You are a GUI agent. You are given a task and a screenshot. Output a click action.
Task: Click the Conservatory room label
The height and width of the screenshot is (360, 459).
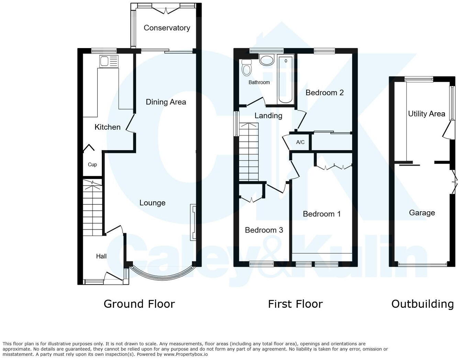coord(167,28)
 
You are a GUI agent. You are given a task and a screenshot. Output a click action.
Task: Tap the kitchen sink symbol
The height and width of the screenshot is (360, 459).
coord(108,61)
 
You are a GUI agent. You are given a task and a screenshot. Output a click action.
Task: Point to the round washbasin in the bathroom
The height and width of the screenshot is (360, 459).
coord(267,60)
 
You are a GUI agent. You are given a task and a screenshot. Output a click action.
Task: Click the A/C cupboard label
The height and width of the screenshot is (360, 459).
coord(300,142)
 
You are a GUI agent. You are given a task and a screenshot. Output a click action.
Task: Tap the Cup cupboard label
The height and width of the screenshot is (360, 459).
coord(92,165)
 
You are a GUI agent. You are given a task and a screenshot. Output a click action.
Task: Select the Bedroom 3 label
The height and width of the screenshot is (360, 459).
coord(264,230)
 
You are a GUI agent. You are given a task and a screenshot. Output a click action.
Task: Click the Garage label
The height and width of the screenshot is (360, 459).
coord(422,213)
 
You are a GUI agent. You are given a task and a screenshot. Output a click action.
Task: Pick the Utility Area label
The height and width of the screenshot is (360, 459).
coord(426,114)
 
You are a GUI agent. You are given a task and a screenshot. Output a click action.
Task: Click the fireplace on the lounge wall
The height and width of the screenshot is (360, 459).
coord(193,222)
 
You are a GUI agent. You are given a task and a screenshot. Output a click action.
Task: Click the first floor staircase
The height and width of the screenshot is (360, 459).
coord(249,152)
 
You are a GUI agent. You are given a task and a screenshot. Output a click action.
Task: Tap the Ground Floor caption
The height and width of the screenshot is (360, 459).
coord(139,304)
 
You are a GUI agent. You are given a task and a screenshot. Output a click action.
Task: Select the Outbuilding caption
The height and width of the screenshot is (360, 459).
coord(423,304)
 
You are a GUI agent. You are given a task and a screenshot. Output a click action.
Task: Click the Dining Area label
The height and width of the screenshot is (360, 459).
coord(166,102)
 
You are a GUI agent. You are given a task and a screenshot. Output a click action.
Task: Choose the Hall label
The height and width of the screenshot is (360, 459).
coord(101,256)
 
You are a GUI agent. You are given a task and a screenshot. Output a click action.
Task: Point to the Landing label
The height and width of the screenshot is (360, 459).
coord(268,116)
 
